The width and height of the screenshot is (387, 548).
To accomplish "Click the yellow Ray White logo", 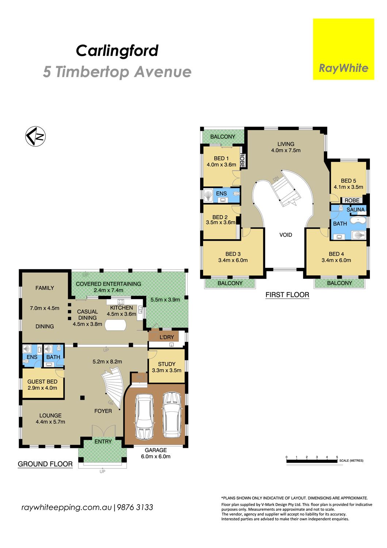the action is pos(343,49).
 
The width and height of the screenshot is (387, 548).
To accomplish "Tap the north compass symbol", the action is pos(35,137).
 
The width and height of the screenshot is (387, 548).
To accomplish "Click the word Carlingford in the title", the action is pos(117,51).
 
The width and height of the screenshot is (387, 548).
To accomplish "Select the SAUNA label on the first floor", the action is pos(356,209).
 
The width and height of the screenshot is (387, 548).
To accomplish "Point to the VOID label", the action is pos(286,235).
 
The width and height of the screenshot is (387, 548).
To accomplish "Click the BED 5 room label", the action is pos(348,181).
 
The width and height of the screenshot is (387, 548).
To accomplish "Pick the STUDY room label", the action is pos(167,364).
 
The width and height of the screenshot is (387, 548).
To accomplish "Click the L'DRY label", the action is pos(167,337).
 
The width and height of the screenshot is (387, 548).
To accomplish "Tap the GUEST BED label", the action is pos(42,382).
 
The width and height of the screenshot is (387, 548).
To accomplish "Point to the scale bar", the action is pos(312,461).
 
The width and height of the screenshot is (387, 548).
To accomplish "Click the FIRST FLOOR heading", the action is pos(287,295).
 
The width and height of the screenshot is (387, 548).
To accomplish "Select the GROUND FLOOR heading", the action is pos(45,464).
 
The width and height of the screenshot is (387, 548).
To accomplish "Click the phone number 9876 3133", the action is pos(135,507).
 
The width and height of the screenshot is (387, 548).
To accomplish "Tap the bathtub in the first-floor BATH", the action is pos(358,221).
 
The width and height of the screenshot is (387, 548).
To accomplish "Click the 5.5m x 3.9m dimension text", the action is pos(165,300).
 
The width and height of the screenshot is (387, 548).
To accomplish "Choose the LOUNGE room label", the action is pos(50,415).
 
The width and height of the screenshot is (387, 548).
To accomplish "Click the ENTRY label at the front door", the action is pos(103,441).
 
